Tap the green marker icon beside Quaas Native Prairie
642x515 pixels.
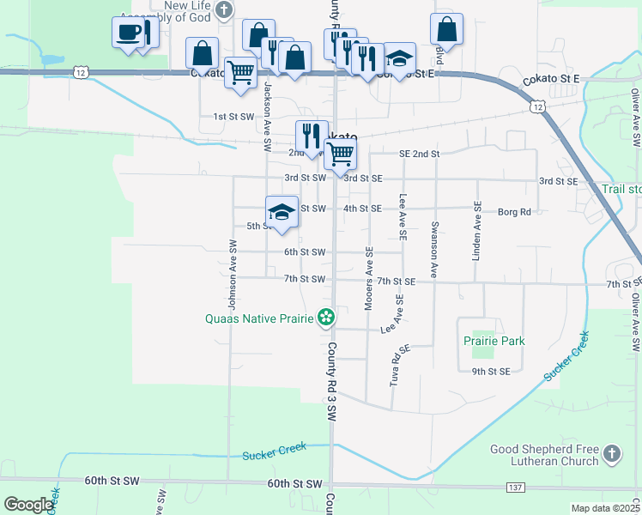point(325,318)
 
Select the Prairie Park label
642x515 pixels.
point(494,341)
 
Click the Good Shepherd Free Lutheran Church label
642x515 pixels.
point(544,455)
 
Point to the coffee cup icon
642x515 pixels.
point(128,33)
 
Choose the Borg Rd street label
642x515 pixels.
point(514,211)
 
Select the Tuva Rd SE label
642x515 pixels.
point(397,365)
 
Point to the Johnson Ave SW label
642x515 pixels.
point(232,274)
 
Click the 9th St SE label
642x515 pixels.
point(491,371)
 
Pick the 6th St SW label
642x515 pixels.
point(305,252)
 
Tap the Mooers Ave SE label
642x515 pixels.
point(369,279)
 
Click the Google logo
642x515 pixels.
point(27,505)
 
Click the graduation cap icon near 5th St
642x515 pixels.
point(282,211)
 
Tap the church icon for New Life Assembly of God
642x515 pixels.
point(224,11)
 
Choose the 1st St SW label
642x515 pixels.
point(233,116)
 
